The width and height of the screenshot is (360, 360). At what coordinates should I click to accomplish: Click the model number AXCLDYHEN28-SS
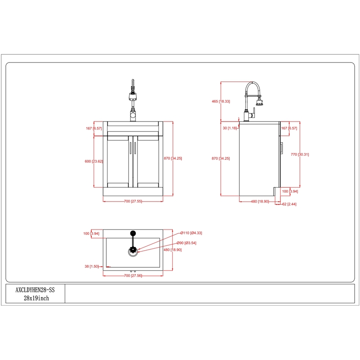click(35, 290)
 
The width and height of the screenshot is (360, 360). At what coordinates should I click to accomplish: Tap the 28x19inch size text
click(36, 298)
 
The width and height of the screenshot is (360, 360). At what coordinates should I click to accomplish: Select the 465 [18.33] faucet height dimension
click(220, 101)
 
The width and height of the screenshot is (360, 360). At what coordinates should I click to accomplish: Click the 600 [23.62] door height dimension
click(94, 162)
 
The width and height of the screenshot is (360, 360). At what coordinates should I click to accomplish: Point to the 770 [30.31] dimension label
click(300, 154)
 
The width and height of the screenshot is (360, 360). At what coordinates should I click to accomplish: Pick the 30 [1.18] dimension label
click(229, 128)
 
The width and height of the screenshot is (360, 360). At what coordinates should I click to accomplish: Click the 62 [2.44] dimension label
click(289, 204)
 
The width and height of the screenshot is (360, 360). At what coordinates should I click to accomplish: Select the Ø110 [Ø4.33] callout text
click(191, 233)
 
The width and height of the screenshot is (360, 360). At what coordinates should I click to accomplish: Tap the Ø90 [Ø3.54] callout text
click(186, 243)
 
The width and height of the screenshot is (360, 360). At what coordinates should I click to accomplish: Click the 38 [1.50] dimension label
click(91, 266)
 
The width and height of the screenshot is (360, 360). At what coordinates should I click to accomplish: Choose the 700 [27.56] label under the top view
click(133, 275)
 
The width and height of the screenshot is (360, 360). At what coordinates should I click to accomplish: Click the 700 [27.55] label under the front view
click(133, 201)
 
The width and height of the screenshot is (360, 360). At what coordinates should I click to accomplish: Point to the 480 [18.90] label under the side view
click(260, 201)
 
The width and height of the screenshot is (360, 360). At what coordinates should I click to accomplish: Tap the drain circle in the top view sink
click(133, 252)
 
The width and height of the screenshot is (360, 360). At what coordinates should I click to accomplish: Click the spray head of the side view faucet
click(260, 101)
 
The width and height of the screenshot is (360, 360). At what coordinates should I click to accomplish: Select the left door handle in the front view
click(130, 148)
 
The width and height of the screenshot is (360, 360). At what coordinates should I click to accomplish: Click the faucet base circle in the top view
click(133, 233)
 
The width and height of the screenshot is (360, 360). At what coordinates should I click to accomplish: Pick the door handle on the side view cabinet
click(282, 148)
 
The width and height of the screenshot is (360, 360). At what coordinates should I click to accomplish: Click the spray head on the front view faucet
click(133, 97)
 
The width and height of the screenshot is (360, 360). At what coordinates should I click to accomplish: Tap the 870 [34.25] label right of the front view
click(173, 158)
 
